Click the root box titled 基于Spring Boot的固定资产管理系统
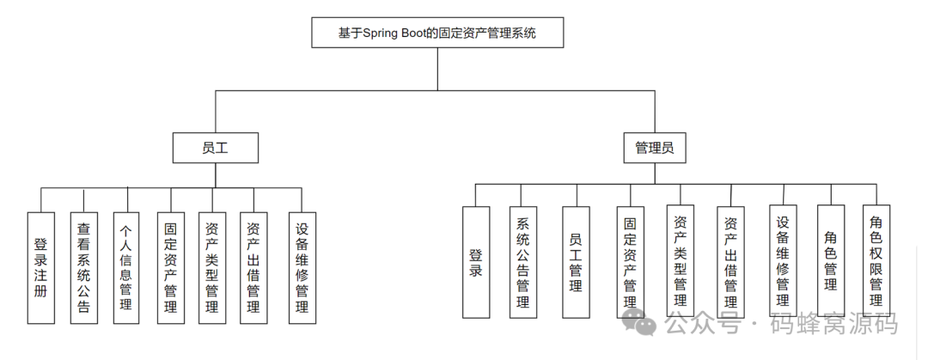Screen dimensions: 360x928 pos(437,35)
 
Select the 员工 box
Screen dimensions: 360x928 pos(215,147)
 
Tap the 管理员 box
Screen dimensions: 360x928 pos(654,147)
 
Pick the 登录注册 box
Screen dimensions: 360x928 pos(40,267)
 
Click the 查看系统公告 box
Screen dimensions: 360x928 pos(83,267)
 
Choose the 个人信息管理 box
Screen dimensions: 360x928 pos(125,267)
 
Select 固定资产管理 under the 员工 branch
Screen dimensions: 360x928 pos(170,267)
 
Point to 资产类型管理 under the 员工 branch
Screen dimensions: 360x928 pos(211,267)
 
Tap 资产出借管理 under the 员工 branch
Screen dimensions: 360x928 pos(253,267)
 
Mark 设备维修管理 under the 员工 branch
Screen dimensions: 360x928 pos(302,267)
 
